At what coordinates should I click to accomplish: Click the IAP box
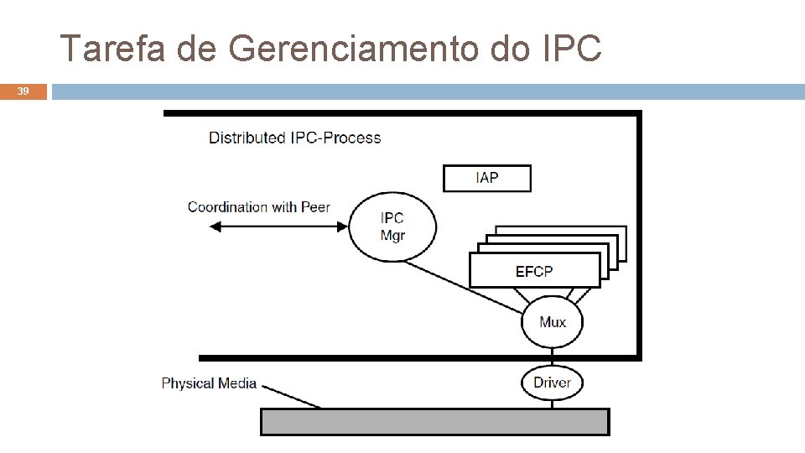pos(486,178)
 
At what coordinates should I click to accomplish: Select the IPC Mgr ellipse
pos(392,226)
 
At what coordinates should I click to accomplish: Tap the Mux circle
pos(552,322)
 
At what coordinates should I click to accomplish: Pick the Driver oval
pos(552,383)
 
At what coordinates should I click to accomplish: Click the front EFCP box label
pos(534,271)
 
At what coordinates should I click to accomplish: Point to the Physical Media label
pos(209,383)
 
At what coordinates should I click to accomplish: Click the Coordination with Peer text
pos(258,207)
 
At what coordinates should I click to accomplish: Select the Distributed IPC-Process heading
pos(294,138)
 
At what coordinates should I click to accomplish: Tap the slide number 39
pos(23,91)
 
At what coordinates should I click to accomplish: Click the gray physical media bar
pos(435,421)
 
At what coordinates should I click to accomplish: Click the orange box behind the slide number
pos(23,91)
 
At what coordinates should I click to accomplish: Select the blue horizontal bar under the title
pos(428,91)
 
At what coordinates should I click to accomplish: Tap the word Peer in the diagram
pos(314,207)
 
